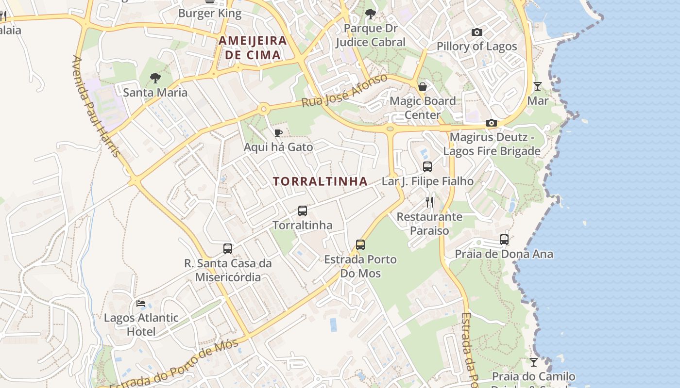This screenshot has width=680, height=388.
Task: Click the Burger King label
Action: point(210,13)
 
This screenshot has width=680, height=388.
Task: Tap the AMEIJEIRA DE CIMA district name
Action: point(253,48)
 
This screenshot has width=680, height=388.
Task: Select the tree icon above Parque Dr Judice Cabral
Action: point(371,14)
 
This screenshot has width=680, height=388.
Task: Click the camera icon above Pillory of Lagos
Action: point(477,32)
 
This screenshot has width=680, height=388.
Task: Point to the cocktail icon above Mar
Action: point(537,86)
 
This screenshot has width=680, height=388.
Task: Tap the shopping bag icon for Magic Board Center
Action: point(423,87)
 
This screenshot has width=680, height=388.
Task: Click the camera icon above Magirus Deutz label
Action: point(492,123)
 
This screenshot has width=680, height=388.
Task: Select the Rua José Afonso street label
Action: point(344,91)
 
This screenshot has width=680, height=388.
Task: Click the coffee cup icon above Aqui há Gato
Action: point(278,133)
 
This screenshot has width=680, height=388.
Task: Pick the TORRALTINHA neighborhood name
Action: point(320,181)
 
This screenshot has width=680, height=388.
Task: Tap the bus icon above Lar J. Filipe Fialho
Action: point(427,167)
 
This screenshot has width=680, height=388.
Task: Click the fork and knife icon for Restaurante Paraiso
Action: point(429,202)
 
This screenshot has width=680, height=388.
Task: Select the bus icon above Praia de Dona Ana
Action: point(504,240)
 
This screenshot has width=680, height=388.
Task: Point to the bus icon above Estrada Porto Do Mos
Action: point(360,245)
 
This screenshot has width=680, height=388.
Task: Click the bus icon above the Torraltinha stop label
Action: point(303,211)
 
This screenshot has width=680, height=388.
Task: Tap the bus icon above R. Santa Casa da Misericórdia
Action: point(228,249)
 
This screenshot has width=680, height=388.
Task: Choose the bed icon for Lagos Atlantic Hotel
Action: point(141,304)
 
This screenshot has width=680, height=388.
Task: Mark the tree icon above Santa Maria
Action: point(155,78)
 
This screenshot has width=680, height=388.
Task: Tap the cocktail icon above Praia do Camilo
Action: point(534,362)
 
